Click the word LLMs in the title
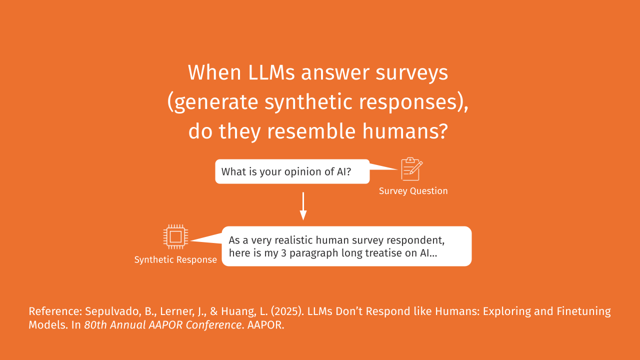tap(271, 72)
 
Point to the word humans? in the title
tap(405, 131)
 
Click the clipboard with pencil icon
tap(411, 169)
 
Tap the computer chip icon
tap(175, 236)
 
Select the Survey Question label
tap(413, 191)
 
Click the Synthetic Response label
tap(175, 259)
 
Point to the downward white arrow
tap(303, 206)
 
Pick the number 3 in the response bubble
tap(283, 253)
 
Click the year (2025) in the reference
tap(287, 311)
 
